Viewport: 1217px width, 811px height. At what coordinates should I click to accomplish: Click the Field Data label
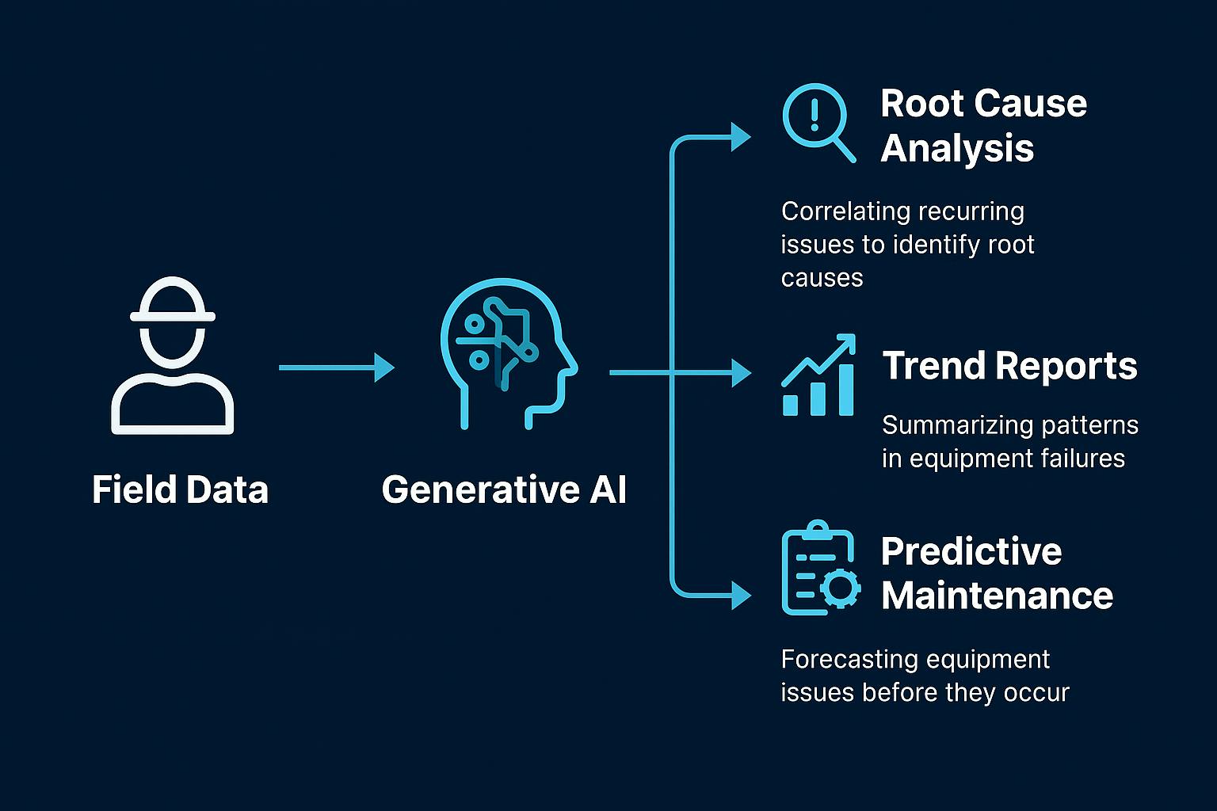181,489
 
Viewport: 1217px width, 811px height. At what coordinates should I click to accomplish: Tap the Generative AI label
504,489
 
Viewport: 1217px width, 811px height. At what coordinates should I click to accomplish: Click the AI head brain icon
509,354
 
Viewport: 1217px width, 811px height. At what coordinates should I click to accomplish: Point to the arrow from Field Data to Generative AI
337,367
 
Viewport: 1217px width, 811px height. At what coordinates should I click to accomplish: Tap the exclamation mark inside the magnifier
814,115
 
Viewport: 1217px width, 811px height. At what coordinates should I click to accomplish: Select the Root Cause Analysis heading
983,125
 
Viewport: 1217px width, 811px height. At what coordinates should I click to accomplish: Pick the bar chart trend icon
818,375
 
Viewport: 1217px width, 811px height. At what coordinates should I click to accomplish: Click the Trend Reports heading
1009,365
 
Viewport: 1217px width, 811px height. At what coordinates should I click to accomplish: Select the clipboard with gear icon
821,568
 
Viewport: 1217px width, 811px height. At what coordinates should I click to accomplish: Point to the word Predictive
971,551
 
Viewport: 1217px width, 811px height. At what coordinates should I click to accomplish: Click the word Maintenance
998,596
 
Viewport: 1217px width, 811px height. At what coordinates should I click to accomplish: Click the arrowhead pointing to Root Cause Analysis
741,137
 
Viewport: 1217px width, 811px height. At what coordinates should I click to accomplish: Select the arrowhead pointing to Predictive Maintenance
741,596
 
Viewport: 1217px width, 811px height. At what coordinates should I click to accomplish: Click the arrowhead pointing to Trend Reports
741,373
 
